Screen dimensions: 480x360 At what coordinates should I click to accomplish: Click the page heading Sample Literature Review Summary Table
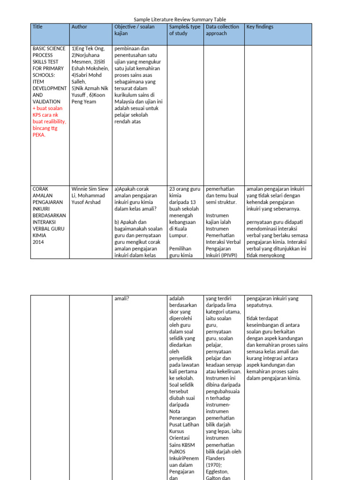(180, 20)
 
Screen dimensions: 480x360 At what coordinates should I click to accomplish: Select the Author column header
(79, 27)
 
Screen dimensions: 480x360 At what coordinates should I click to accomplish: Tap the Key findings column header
(260, 27)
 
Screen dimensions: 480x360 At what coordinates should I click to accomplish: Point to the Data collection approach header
(222, 30)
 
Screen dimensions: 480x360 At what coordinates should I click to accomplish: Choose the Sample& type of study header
(185, 30)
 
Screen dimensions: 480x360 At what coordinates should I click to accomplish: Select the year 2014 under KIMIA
(38, 242)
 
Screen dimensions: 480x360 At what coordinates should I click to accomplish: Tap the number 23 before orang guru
(172, 189)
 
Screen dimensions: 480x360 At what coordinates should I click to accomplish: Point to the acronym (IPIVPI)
(226, 256)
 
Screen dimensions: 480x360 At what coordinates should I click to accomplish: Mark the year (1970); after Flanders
(215, 465)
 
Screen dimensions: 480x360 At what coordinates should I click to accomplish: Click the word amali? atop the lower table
(122, 299)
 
